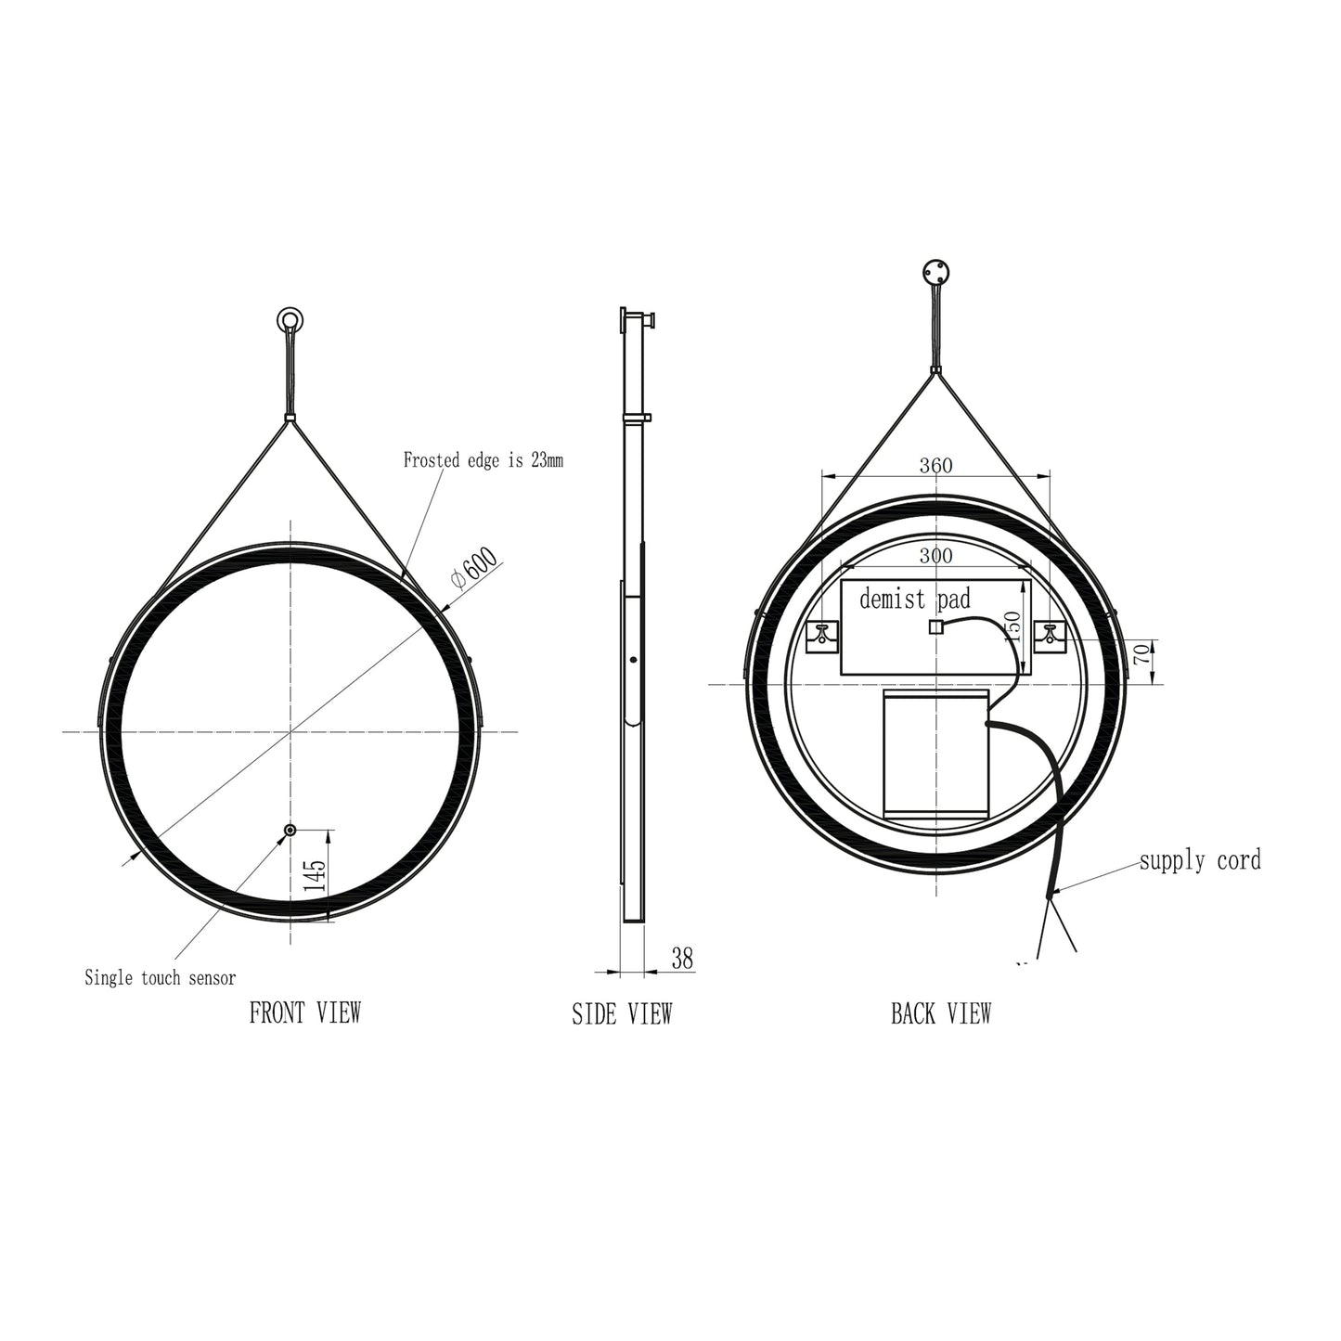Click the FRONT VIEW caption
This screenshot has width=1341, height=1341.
point(304,1012)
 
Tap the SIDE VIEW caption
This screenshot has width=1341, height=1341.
point(621,1014)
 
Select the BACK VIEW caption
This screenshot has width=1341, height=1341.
point(940,1013)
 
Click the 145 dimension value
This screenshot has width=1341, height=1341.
point(316,876)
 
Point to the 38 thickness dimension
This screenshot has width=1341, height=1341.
point(682,959)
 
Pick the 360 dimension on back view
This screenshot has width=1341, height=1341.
point(935,466)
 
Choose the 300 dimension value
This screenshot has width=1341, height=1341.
point(935,556)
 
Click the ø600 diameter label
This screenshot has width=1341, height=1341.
point(474,568)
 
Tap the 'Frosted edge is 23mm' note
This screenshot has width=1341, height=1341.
point(483,459)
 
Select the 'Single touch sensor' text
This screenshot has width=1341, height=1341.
point(160,977)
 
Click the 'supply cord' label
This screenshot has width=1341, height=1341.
point(1200,860)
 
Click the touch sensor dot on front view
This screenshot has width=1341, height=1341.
point(290,831)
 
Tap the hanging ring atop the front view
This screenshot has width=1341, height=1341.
point(290,321)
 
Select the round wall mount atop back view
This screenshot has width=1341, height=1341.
point(935,274)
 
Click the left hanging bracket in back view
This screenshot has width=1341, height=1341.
point(823,636)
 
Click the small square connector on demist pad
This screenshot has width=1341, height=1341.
point(935,627)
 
